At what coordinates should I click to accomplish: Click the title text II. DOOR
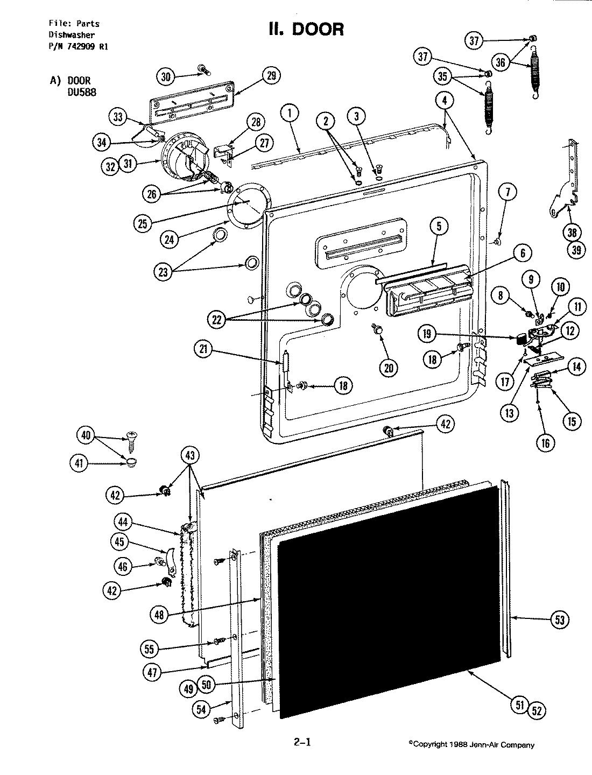point(306,29)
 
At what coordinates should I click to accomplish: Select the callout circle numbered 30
point(166,77)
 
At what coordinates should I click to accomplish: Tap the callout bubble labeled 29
point(270,76)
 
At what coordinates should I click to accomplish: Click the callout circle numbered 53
point(560,620)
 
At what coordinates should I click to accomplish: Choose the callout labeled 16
point(546,442)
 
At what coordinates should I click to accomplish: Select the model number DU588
point(82,92)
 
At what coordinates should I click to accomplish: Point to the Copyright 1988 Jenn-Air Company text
point(471,745)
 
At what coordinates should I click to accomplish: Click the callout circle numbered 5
point(439,227)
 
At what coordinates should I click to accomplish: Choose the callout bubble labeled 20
point(389,368)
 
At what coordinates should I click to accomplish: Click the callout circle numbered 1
point(290,114)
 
